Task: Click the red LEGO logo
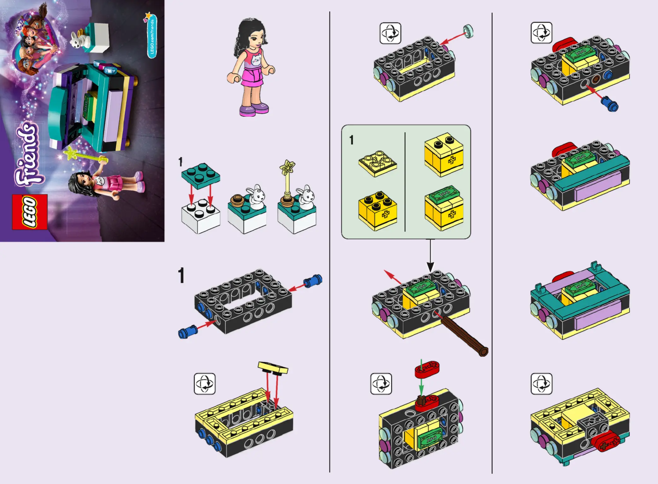click(30, 212)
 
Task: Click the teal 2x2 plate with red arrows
click(201, 176)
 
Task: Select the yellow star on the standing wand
click(287, 167)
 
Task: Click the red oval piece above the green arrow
click(427, 369)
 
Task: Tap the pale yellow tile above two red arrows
click(273, 367)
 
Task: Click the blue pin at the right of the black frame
click(313, 280)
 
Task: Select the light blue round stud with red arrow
click(468, 32)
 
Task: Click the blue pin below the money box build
click(610, 104)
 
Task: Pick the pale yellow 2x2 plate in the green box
click(378, 163)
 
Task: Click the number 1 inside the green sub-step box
click(351, 140)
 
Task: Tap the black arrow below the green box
click(431, 255)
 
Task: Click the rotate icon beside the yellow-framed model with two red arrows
click(205, 384)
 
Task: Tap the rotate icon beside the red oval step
click(381, 384)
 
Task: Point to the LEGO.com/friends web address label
click(152, 37)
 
